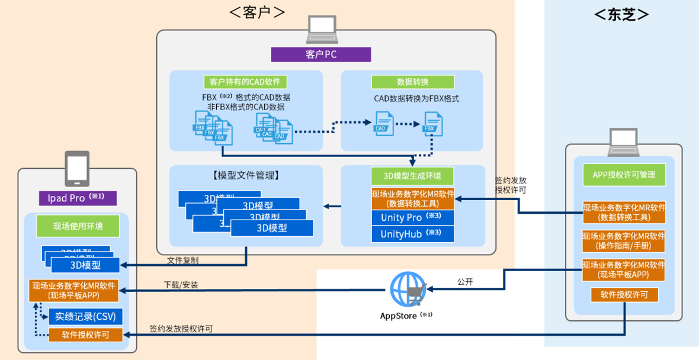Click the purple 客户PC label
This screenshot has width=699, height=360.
pos(321,54)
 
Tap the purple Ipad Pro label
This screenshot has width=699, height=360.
pos(78,198)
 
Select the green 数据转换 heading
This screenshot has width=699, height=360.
pos(412,82)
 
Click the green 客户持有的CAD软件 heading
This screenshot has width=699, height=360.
pos(245,82)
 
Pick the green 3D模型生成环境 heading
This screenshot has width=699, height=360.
pos(412,176)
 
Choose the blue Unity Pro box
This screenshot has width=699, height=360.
pos(412,217)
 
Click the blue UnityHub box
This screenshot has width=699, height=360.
pos(412,234)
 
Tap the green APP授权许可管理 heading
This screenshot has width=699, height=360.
pos(624,175)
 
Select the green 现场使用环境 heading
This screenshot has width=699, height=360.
pos(78,226)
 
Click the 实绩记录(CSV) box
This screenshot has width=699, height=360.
pos(85,316)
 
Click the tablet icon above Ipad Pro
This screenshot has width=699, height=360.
pos(77,168)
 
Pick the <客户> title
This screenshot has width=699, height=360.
pos(257,12)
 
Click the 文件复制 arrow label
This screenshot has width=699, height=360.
pos(182,260)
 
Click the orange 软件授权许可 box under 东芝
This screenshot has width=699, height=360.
pos(624,295)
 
